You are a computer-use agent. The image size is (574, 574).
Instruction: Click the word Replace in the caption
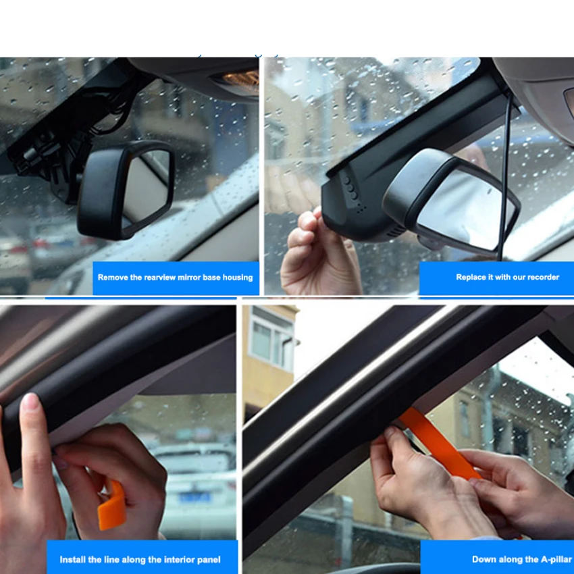tap(471, 277)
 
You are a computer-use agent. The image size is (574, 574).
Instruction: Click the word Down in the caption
tap(483, 559)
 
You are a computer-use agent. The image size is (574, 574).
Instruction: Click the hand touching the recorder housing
tap(317, 250)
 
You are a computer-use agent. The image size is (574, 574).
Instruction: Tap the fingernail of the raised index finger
tap(30, 404)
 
